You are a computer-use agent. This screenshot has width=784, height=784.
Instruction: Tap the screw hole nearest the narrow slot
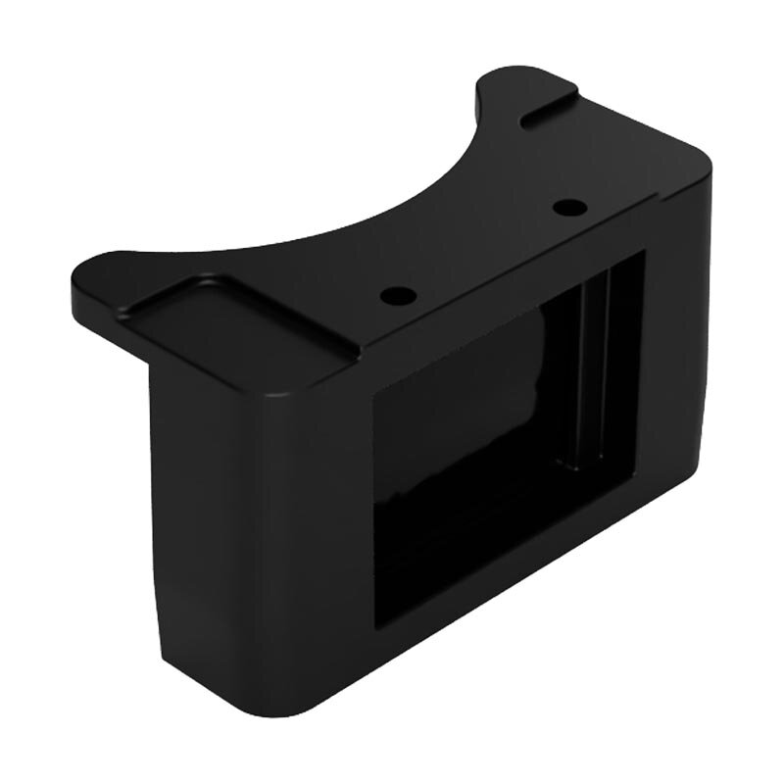click(565, 207)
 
